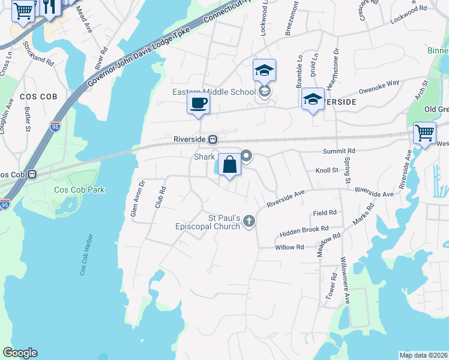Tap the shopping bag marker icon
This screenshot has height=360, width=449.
[229, 164]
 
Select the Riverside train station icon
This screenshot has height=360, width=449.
[212, 139]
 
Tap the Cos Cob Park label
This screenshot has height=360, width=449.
[79, 190]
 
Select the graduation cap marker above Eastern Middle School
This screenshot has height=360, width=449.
[264, 71]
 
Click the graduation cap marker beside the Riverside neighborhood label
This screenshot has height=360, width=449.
[313, 100]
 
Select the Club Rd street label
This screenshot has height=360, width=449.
[160, 197]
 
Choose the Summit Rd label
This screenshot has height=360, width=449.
[339, 151]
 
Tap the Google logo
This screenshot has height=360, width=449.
[20, 353]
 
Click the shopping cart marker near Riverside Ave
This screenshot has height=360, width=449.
[424, 133]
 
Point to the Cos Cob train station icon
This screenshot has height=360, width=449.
[32, 175]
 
